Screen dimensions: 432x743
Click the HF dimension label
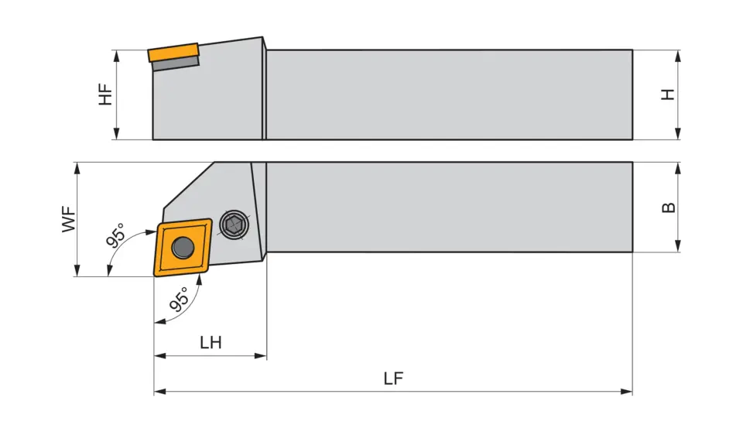[106, 94]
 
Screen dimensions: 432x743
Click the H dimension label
[668, 94]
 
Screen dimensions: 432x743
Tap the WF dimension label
[70, 219]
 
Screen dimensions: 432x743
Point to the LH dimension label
[211, 342]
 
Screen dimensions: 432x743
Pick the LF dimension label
[394, 379]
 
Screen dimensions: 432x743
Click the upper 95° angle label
[115, 234]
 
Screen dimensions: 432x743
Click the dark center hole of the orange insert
[183, 247]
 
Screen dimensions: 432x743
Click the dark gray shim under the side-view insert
[176, 63]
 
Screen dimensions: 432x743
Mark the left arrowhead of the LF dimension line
[159, 392]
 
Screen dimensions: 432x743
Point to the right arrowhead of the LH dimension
[262, 356]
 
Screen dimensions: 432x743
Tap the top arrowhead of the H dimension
[678, 55]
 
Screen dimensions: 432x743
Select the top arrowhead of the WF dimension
[76, 167]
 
